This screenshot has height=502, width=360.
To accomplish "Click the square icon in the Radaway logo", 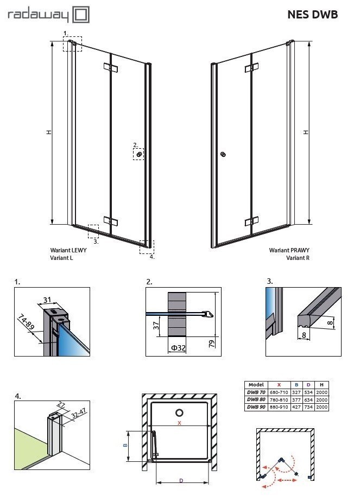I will pyautogui.click(x=81, y=15).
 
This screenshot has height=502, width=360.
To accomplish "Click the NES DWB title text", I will pyautogui.click(x=312, y=15).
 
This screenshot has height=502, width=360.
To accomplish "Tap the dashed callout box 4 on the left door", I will pyautogui.click(x=147, y=247).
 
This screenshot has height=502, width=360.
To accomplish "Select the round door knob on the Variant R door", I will pyautogui.click(x=223, y=155).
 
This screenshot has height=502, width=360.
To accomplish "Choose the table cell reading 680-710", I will pyautogui.click(x=280, y=391).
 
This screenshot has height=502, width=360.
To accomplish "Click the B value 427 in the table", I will pyautogui.click(x=296, y=406).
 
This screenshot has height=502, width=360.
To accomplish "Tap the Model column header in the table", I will pyautogui.click(x=255, y=384).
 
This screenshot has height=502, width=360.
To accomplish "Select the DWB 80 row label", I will pyautogui.click(x=255, y=399).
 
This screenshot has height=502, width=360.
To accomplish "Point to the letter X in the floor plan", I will pyautogui.click(x=179, y=422).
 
